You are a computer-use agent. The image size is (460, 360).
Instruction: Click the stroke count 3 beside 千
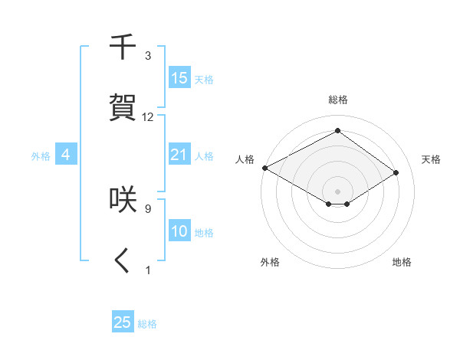click(x=148, y=56)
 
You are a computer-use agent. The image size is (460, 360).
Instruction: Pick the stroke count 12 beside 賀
click(x=148, y=117)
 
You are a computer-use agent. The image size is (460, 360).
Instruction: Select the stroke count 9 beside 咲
click(x=148, y=208)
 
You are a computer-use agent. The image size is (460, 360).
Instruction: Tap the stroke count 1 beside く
click(x=148, y=270)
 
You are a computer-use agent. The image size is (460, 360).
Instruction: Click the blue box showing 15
click(x=179, y=78)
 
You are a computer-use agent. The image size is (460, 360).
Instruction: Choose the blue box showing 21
click(x=179, y=155)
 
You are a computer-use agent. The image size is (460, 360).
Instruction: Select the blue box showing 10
click(x=179, y=231)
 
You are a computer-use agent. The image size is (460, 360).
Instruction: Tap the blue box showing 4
click(x=66, y=155)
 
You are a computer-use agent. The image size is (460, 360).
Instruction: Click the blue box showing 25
click(x=123, y=322)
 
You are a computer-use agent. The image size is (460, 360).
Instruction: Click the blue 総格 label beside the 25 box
click(x=147, y=324)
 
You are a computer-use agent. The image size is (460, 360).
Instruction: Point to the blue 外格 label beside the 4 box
click(x=41, y=156)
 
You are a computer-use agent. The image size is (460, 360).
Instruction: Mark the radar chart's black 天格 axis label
click(x=431, y=159)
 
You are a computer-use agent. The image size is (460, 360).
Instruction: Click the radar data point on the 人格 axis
click(x=264, y=168)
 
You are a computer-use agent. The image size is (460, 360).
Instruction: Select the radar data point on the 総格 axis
click(x=337, y=130)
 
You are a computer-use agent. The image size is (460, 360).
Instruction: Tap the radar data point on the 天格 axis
click(x=396, y=172)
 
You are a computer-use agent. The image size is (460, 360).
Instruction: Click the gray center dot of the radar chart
click(x=337, y=191)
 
